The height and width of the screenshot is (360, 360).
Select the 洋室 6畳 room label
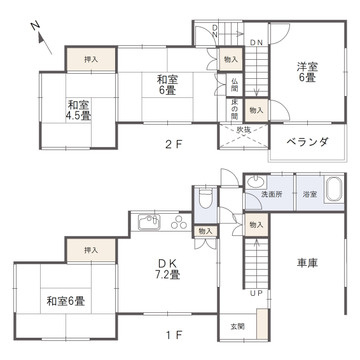pos(305,72)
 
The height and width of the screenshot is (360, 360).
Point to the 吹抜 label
pos(245,130)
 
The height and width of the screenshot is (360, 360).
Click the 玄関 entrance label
pos(237,326)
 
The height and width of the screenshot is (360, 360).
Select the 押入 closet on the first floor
pos(92,249)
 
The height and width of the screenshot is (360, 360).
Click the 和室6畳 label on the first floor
pos(63,299)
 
